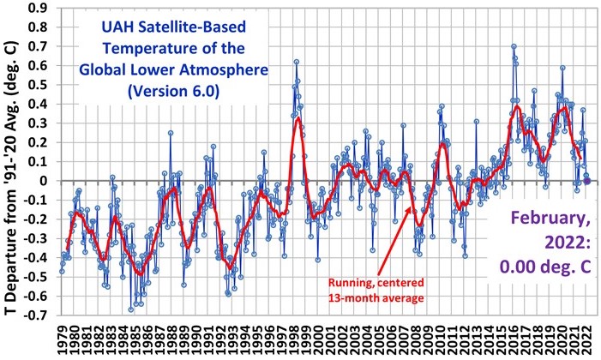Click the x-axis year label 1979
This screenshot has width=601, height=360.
[x=62, y=339]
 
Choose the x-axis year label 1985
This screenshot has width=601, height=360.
[x=135, y=339]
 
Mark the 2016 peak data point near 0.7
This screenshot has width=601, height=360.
[x=514, y=46]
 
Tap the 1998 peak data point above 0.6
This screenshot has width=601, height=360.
[x=296, y=62]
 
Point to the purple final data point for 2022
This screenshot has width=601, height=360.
[x=587, y=181]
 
